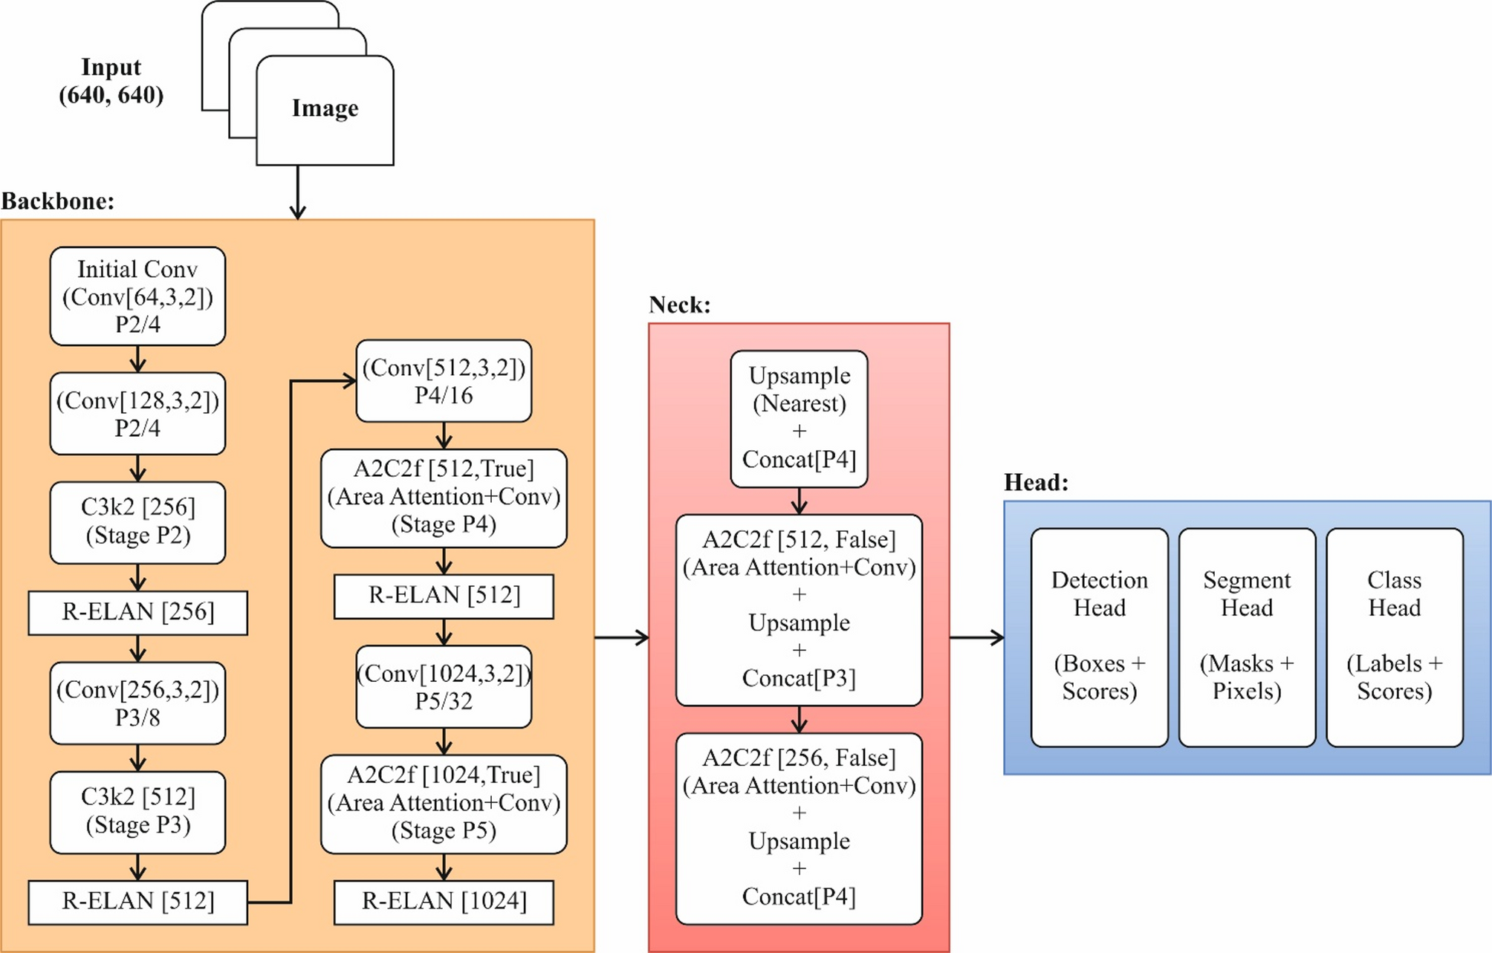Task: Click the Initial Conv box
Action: pos(137,296)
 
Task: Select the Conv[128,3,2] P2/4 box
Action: pos(137,414)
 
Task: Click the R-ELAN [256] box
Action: pos(137,612)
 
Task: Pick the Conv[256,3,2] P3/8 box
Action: pos(137,703)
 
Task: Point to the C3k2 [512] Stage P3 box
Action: pos(137,811)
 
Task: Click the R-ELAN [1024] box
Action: pos(444,902)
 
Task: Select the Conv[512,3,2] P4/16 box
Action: pos(444,381)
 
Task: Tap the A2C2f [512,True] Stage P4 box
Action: pos(444,498)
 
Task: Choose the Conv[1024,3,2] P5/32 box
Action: pos(444,686)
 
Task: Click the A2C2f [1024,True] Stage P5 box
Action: pos(444,804)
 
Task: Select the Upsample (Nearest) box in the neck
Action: pos(799,419)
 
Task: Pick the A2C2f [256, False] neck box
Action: pos(799,828)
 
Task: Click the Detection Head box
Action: pos(1099,637)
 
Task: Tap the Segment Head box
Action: pos(1247,637)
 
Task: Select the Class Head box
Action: pos(1394,637)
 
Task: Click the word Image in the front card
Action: pos(325,108)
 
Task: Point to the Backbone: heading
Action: pos(58,201)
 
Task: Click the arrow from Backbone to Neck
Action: pos(621,637)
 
